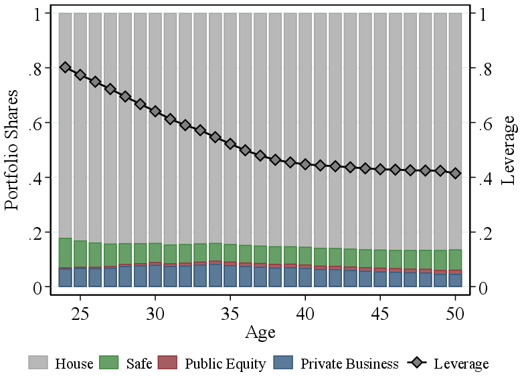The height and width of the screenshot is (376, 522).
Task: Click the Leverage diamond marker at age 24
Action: click(x=65, y=67)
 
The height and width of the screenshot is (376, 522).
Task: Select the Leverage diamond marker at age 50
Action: click(x=455, y=173)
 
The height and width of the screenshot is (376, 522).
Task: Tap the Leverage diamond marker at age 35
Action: click(x=230, y=144)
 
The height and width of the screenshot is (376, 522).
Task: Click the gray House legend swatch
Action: click(x=39, y=363)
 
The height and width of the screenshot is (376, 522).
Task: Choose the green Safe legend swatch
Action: click(x=109, y=363)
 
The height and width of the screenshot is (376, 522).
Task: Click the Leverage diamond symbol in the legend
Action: click(x=417, y=363)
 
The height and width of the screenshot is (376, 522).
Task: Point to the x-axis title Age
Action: click(x=260, y=332)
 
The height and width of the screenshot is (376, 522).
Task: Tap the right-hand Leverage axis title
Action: click(x=509, y=150)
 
